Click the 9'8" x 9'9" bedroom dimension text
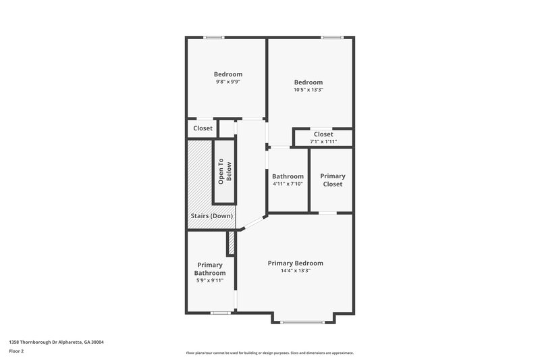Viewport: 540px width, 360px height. tap(227, 82)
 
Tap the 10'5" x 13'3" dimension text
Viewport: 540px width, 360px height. tap(308, 90)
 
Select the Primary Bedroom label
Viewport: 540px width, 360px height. tap(295, 263)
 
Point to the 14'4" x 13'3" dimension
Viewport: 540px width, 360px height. tap(295, 270)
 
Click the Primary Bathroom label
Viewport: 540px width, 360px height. tap(210, 269)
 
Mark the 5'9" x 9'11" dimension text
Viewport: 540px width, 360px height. tap(210, 280)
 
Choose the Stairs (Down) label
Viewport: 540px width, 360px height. tap(211, 216)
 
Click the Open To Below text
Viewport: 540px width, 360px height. tap(224, 172)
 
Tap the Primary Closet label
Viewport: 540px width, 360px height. tap(331, 180)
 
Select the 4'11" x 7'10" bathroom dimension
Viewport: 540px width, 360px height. tap(288, 184)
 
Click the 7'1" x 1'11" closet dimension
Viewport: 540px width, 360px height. tap(323, 142)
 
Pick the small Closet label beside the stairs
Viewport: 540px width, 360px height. tap(202, 128)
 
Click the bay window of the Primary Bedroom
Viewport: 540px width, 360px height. tap(302, 322)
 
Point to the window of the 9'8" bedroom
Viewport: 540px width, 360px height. tap(214, 37)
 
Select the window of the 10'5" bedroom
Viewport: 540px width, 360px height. tap(331, 37)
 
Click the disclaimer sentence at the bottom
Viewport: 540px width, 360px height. tap(269, 353)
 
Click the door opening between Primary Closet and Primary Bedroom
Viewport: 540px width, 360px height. tap(328, 213)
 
